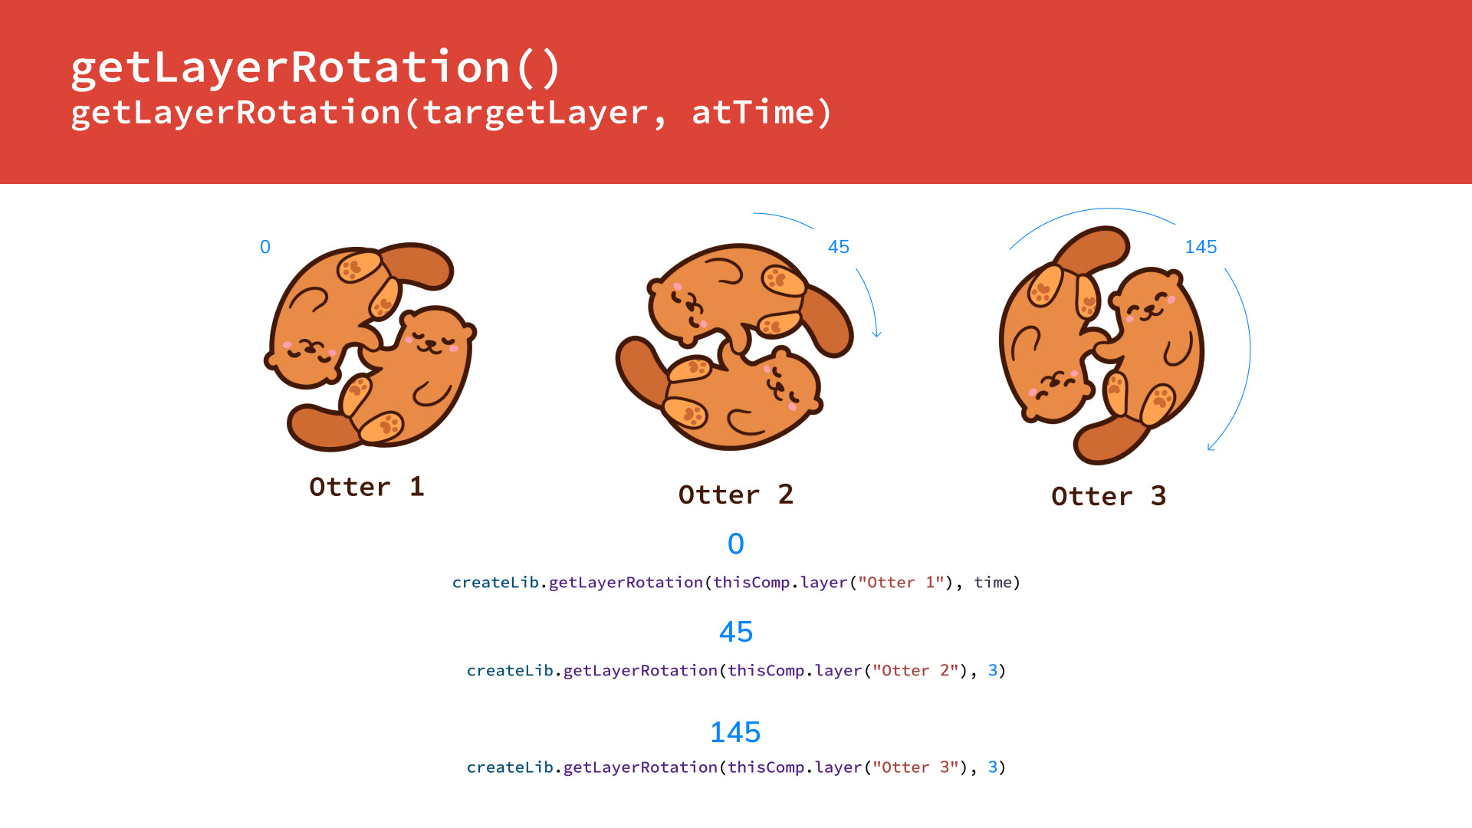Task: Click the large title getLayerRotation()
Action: tap(316, 68)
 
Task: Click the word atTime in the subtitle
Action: tap(753, 113)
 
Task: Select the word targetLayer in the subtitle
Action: tap(535, 113)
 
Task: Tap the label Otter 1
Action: tap(366, 487)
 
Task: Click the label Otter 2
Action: tap(736, 495)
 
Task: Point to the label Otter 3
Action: tap(1109, 496)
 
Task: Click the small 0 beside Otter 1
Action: tap(265, 247)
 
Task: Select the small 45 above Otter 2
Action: tap(839, 247)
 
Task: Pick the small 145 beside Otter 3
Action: tap(1201, 247)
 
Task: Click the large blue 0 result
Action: tap(736, 544)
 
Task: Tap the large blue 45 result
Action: tap(736, 632)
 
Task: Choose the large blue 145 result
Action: tap(735, 732)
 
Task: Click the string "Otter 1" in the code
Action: tap(901, 582)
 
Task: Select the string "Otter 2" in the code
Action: tap(915, 670)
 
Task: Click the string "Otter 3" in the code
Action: tap(915, 767)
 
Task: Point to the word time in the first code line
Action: tap(993, 582)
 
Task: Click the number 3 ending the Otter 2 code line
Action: tap(993, 670)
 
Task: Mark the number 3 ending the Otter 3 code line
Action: tap(993, 767)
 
